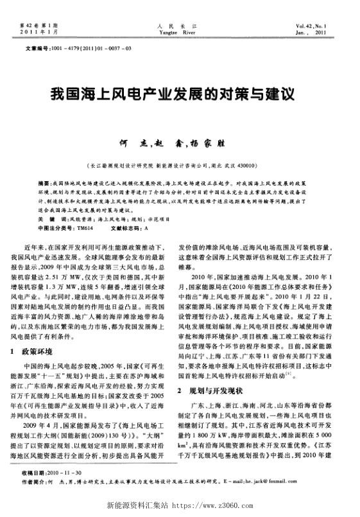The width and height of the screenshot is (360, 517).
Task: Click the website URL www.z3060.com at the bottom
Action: tap(212, 505)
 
